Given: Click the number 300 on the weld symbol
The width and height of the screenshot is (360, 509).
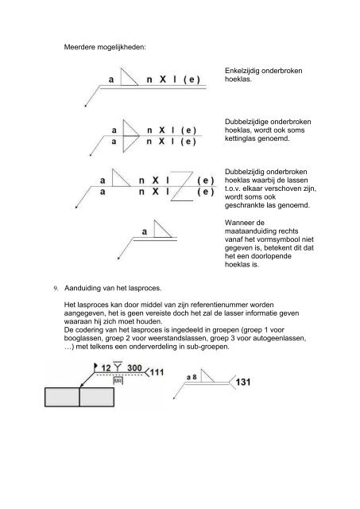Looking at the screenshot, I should click(x=137, y=367).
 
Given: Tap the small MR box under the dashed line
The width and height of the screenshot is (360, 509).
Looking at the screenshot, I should click(x=117, y=381).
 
